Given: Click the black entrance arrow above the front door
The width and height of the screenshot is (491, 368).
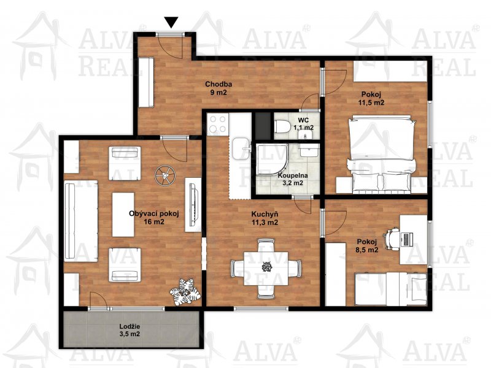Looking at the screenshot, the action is click(x=172, y=23).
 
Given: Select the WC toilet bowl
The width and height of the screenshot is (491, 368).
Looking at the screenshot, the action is click(x=282, y=128).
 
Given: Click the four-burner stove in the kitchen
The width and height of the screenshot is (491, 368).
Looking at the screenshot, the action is click(x=218, y=124).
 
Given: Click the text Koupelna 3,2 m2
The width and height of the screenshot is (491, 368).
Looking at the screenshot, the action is click(x=293, y=179).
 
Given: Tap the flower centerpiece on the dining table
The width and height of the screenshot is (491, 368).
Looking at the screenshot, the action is click(x=266, y=267).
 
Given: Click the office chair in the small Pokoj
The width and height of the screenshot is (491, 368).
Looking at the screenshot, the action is click(x=392, y=239).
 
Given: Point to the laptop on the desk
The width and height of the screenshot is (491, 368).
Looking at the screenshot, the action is click(x=406, y=239).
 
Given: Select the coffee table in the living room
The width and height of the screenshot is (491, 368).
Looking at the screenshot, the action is click(x=123, y=214).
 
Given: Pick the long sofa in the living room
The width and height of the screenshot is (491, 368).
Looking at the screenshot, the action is click(x=81, y=221).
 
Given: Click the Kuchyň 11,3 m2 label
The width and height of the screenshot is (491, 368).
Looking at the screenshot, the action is click(x=265, y=218).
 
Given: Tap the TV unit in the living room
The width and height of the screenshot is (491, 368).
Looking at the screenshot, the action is click(x=193, y=205).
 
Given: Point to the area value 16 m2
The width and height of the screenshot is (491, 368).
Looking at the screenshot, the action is click(x=154, y=222).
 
